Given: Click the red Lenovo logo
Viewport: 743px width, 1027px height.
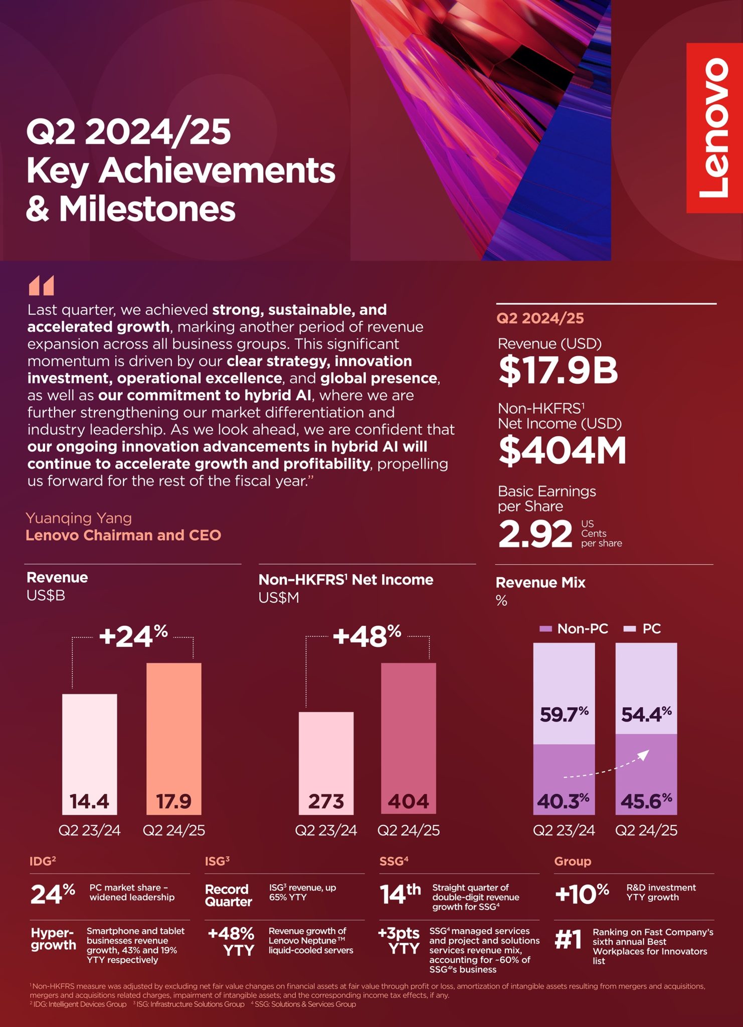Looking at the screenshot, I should click(x=714, y=128).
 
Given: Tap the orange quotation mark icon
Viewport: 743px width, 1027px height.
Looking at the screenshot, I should click(x=41, y=285).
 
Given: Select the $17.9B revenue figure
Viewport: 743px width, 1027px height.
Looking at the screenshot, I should click(x=558, y=370).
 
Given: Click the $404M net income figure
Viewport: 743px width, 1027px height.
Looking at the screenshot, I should click(x=562, y=450).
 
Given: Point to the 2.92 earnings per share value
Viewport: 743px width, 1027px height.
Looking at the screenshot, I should click(x=535, y=534).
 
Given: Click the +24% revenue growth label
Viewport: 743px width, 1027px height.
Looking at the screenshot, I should click(x=133, y=636).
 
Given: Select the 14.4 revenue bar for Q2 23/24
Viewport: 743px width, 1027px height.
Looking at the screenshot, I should click(x=90, y=754).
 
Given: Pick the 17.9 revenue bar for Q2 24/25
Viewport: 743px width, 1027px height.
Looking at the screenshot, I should click(x=174, y=738).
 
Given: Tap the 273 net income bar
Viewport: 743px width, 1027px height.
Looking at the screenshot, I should click(x=326, y=763).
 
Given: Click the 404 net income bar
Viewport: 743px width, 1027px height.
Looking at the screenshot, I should click(x=409, y=738).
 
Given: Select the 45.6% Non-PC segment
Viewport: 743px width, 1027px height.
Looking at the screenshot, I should click(x=646, y=774).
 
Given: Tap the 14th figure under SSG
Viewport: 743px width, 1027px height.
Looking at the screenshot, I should click(x=400, y=895).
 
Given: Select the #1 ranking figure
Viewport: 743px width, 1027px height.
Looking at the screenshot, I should click(x=569, y=939).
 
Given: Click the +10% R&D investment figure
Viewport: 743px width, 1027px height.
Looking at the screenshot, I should click(x=582, y=894).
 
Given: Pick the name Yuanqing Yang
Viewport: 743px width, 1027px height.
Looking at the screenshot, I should click(x=79, y=518).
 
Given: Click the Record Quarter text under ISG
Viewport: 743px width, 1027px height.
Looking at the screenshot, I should click(x=228, y=895).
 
